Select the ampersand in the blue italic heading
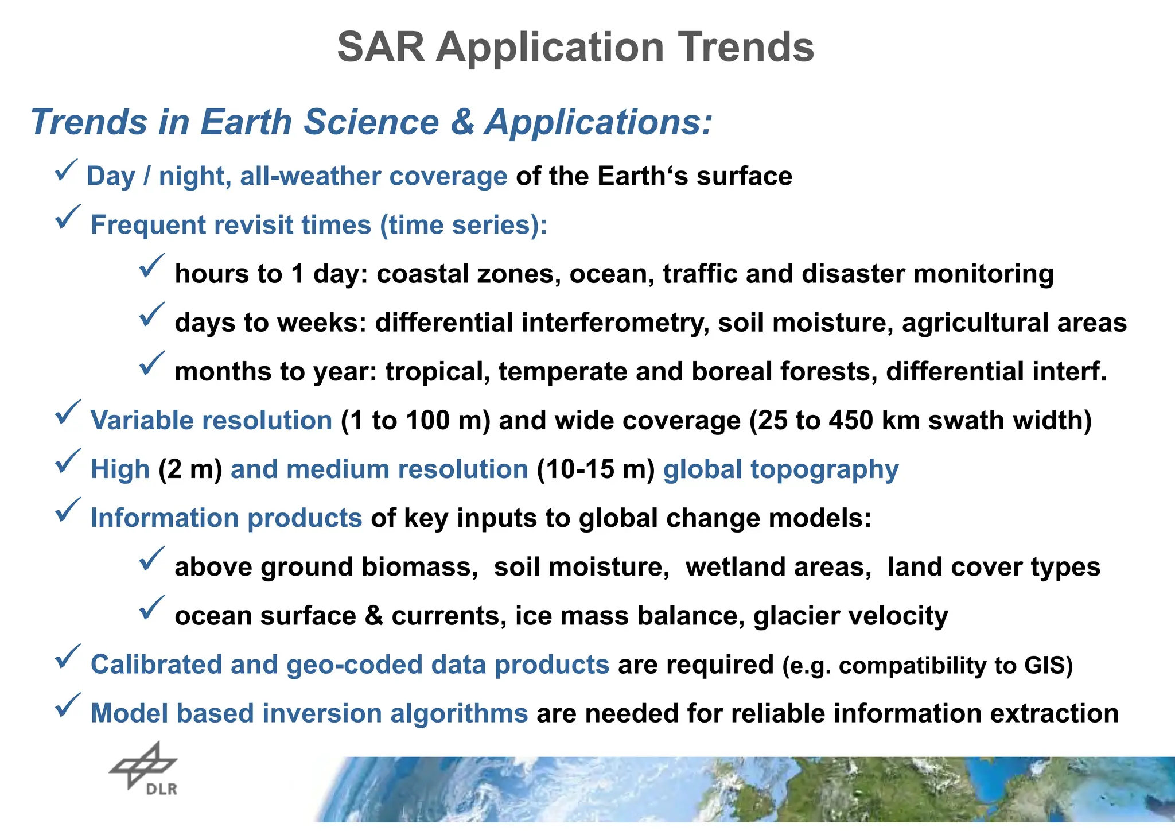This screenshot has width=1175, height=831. (462, 122)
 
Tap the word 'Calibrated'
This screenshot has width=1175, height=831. (156, 665)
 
